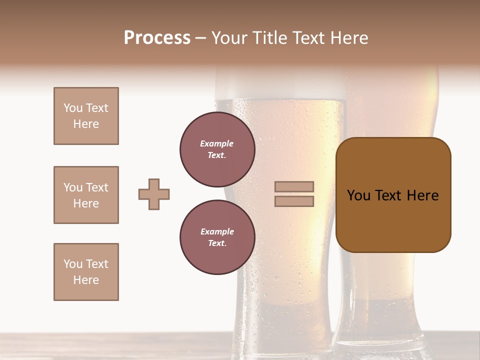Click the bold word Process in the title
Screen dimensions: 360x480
tap(157, 38)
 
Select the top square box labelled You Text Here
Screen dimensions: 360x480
tap(86, 116)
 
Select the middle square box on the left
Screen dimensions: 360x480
tap(86, 195)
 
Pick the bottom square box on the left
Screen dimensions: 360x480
tap(86, 272)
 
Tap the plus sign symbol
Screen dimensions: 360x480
tap(154, 194)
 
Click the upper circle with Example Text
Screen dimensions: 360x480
tap(217, 149)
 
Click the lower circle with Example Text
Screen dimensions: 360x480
tap(217, 237)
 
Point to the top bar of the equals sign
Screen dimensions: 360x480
tap(294, 187)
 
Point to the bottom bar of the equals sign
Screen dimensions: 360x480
tap(294, 201)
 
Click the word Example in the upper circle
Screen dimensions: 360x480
tap(217, 143)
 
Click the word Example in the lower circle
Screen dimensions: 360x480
tap(217, 231)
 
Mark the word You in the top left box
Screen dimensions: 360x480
tap(72, 108)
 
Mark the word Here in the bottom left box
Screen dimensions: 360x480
tap(86, 280)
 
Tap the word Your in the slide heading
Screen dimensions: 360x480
tap(230, 38)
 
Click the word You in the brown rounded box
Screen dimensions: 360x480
tap(358, 195)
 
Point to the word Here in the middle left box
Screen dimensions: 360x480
tap(86, 203)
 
